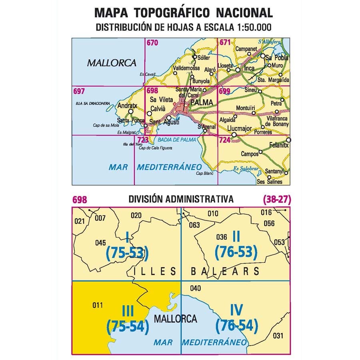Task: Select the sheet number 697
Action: tap(79, 92)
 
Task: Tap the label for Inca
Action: tap(249, 68)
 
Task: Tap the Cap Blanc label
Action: tap(202, 173)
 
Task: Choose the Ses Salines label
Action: tap(269, 182)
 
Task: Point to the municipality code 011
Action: tap(98, 306)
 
